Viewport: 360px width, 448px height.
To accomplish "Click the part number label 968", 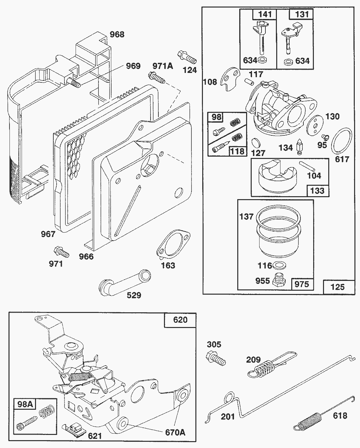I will (117, 34).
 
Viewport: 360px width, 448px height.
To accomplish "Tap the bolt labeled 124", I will (186, 57).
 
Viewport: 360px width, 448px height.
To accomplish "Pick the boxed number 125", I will (338, 287).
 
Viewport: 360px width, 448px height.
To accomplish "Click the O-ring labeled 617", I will (342, 141).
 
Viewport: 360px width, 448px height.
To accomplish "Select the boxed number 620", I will (180, 319).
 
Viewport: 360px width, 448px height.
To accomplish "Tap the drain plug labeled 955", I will (279, 280).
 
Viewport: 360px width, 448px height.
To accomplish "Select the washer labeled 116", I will (278, 265).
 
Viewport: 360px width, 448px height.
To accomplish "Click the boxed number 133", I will (317, 190).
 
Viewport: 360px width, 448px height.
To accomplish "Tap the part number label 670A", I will (175, 432).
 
